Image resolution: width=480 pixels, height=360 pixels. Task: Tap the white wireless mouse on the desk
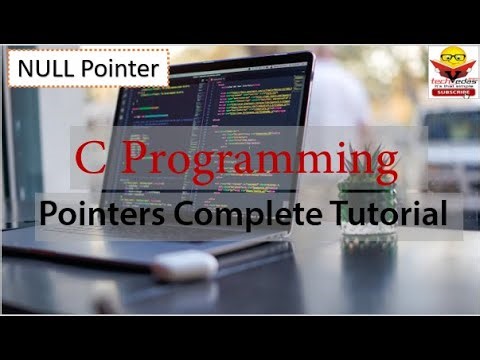pyautogui.click(x=184, y=264)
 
